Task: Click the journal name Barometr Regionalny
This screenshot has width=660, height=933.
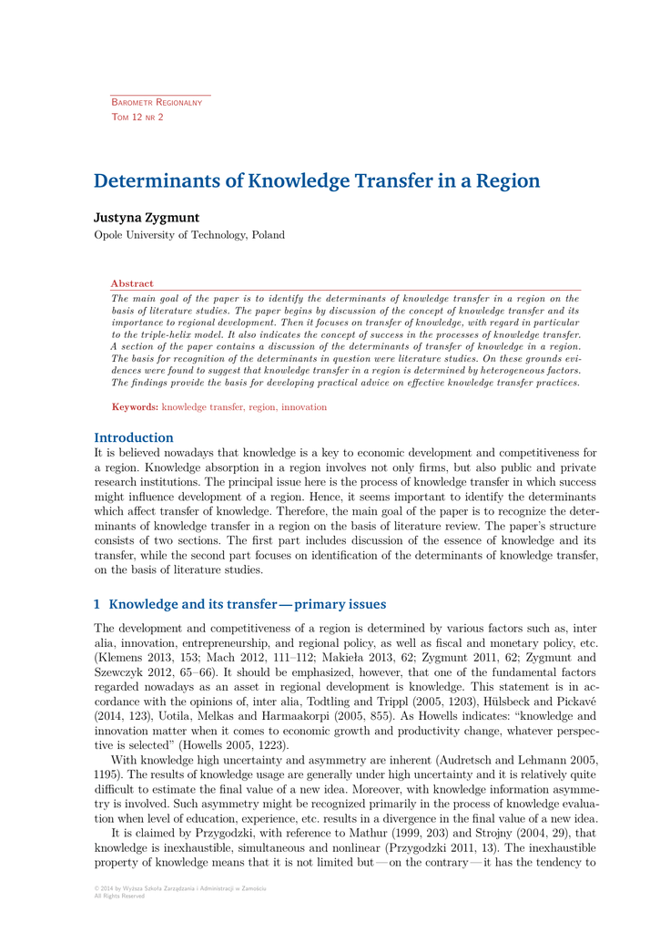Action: pyautogui.click(x=156, y=102)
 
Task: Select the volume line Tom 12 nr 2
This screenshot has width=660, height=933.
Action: pyautogui.click(x=137, y=118)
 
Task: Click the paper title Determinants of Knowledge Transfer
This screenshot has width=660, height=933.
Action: pyautogui.click(x=317, y=180)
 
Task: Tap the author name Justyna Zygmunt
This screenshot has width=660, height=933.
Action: pyautogui.click(x=147, y=218)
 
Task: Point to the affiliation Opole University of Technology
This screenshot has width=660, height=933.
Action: pyautogui.click(x=189, y=235)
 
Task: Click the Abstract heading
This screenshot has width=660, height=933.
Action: pyautogui.click(x=132, y=283)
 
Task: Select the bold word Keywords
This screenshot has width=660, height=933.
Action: pyautogui.click(x=135, y=407)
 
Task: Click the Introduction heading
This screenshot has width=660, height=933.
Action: pyautogui.click(x=134, y=437)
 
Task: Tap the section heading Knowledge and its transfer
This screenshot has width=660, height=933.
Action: pyautogui.click(x=247, y=604)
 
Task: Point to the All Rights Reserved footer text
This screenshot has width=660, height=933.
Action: pyautogui.click(x=119, y=896)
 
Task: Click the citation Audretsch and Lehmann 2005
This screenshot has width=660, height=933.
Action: pyautogui.click(x=515, y=759)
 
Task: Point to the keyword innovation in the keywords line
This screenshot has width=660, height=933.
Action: pyautogui.click(x=304, y=407)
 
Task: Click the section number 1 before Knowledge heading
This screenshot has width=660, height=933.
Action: pyautogui.click(x=97, y=604)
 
